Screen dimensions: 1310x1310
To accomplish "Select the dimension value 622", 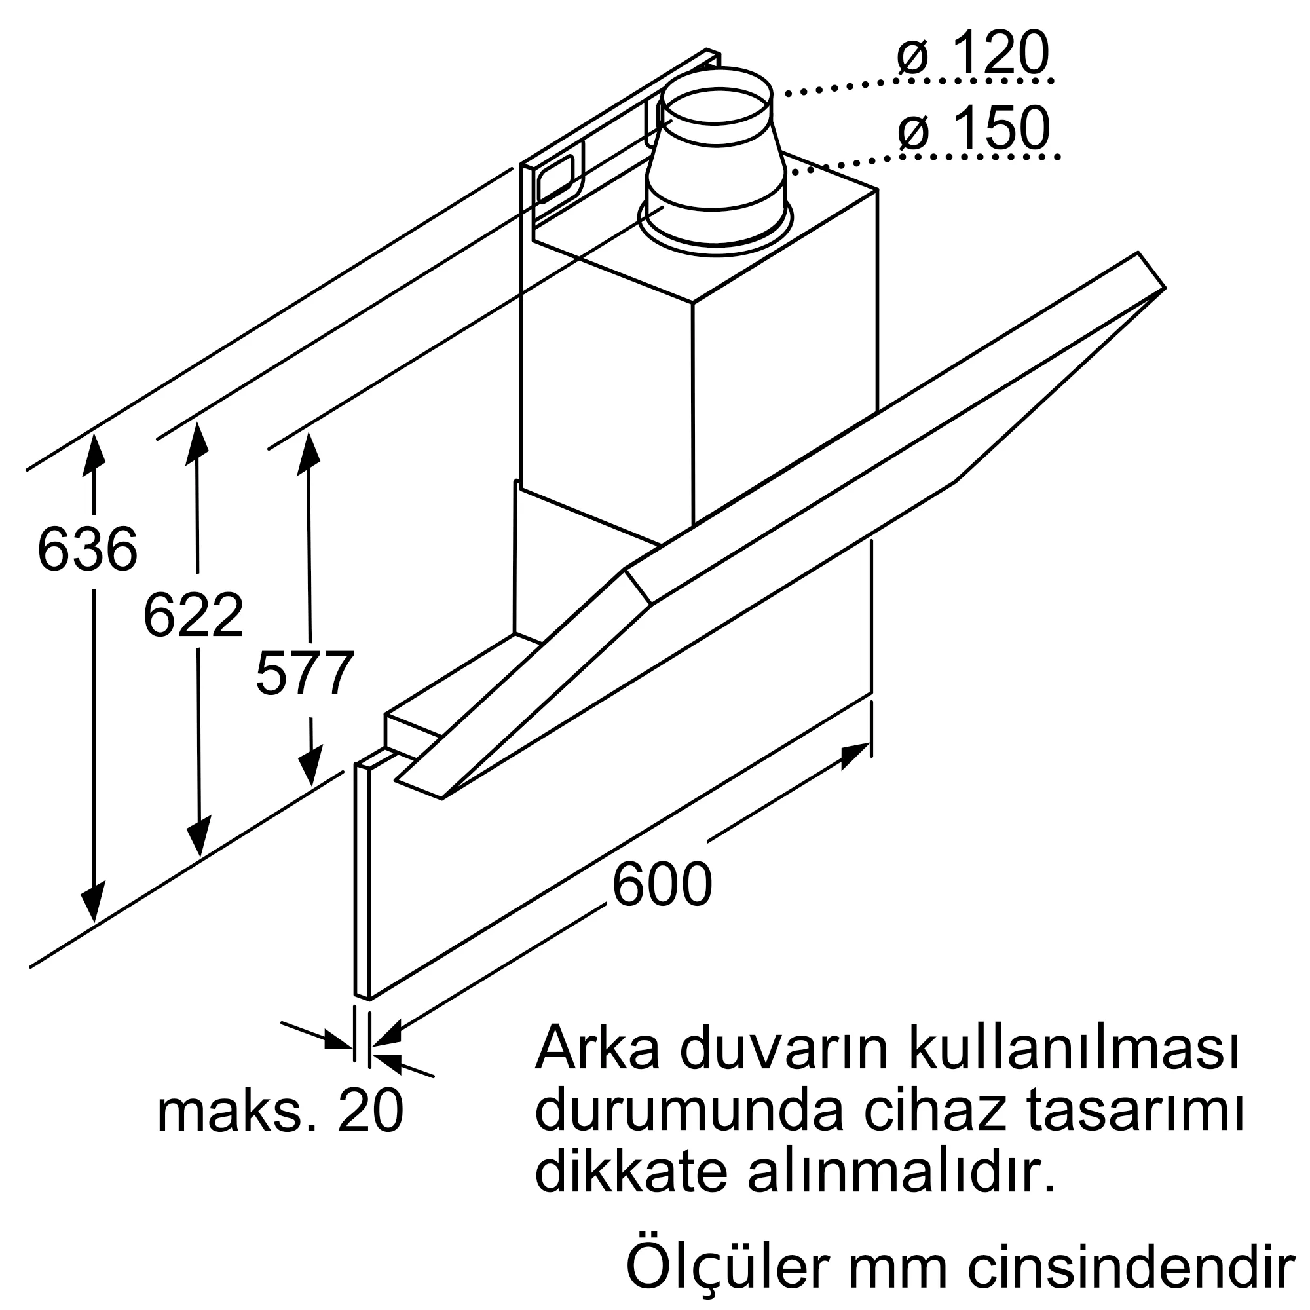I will click(193, 615).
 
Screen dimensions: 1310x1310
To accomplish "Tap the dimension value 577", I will click(305, 673).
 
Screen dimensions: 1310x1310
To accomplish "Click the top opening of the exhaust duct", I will click(717, 95).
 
